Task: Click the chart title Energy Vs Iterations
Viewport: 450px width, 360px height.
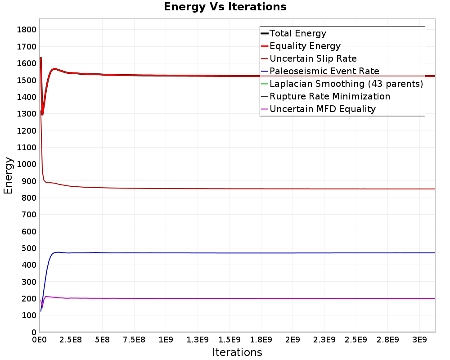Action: [225, 7]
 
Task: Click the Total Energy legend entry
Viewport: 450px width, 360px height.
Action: [293, 33]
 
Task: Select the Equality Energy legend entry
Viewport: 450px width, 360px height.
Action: [301, 46]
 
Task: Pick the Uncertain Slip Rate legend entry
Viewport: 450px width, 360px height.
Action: [309, 58]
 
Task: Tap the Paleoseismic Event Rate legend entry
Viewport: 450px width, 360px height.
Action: [320, 71]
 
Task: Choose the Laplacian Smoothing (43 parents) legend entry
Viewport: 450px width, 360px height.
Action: [342, 84]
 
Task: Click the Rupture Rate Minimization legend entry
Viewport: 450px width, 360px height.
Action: [325, 96]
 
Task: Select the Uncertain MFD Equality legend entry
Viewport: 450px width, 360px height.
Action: [318, 109]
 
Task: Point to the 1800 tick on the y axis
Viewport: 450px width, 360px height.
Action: [27, 30]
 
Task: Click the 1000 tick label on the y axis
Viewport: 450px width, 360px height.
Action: [27, 164]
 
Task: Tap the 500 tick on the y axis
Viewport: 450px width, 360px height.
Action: [29, 248]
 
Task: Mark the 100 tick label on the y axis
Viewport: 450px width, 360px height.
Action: [29, 315]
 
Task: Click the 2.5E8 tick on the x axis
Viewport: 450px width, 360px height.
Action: [71, 340]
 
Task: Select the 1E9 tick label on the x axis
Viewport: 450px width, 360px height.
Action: [166, 340]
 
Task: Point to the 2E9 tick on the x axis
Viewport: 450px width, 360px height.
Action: [292, 340]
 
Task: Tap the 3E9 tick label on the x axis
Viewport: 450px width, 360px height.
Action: [419, 340]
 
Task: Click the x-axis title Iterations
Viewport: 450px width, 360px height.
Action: [237, 352]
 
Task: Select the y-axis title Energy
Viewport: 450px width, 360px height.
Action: [8, 175]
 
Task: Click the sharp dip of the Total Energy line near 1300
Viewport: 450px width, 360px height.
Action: [42, 115]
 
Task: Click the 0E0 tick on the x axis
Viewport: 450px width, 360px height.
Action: [39, 340]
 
